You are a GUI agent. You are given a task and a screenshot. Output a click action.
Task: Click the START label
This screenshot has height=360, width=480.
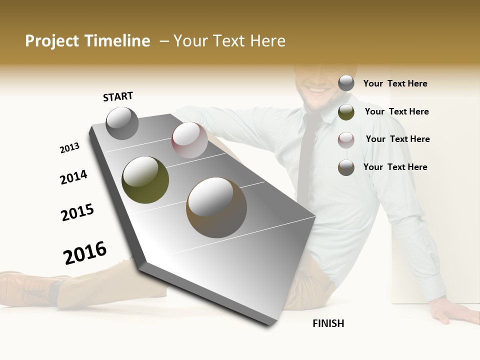pos(118,96)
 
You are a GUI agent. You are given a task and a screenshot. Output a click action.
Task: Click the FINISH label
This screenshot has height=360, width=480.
pos(328,323)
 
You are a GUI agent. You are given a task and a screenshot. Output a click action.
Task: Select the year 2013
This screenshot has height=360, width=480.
pos(69,148)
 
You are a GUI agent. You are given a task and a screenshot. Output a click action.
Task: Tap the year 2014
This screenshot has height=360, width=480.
pos(73,177)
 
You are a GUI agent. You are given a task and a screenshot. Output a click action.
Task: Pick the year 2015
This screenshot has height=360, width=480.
pos(77,212)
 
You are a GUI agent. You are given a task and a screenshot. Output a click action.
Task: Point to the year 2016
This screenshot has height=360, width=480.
pos(85,252)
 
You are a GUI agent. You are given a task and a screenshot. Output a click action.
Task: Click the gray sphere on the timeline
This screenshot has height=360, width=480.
pos(122,123)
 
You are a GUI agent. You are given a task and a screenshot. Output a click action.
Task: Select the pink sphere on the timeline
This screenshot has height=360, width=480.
pos(189,140)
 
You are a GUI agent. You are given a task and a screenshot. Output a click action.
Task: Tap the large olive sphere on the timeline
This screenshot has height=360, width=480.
pos(145,180)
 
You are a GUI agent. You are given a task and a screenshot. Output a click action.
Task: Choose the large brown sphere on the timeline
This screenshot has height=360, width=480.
pos(216,207)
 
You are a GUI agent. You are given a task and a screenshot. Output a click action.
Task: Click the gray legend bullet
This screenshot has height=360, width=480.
pos(346,83)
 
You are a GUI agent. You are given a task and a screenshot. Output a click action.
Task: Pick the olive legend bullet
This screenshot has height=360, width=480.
pos(346,111)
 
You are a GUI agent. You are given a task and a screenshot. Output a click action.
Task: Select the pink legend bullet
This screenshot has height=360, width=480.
pos(346,139)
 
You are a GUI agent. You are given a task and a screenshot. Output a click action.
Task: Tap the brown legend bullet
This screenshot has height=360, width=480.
pos(346,167)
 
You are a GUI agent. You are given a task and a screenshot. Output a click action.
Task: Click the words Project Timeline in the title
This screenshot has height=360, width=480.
pos(87,41)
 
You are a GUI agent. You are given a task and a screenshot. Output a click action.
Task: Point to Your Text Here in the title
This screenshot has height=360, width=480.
pos(229,41)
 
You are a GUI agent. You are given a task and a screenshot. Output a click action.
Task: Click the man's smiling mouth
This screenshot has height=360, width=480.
pos(316,90)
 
